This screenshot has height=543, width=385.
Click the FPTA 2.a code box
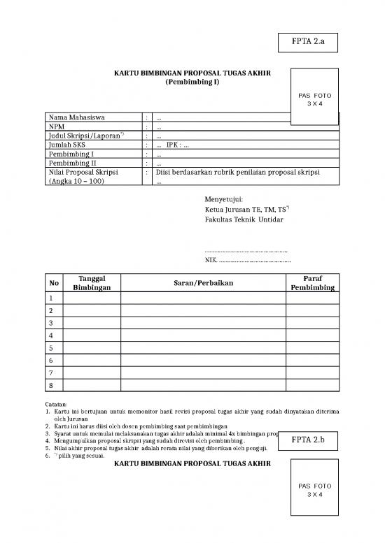click(309, 42)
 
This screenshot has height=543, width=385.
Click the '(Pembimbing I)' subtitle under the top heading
click(192, 82)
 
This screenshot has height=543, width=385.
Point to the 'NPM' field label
click(57, 126)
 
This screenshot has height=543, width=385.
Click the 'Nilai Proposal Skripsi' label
click(83, 172)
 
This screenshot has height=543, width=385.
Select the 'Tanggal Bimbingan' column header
click(92, 282)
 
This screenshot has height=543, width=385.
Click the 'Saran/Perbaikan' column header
click(203, 282)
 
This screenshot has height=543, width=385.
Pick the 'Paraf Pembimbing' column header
click(312, 282)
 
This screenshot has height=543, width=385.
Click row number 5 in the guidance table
click(51, 347)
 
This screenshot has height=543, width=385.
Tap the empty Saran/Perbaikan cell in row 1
click(203, 298)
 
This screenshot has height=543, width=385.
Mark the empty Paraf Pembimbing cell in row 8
click(312, 386)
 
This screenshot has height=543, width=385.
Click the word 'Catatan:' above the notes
click(57, 404)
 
